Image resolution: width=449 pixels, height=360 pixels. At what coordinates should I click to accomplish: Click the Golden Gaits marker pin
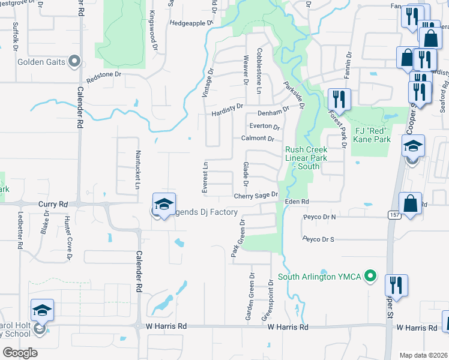(74, 61)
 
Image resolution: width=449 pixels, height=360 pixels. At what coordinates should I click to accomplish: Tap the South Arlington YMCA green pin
(371, 277)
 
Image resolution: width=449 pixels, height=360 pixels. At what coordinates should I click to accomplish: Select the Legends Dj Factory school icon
(163, 205)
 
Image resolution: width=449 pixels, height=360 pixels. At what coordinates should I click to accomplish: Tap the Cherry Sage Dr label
(256, 196)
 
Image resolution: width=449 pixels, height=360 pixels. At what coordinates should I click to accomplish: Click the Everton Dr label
(265, 127)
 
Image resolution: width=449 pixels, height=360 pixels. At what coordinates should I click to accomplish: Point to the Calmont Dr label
(258, 139)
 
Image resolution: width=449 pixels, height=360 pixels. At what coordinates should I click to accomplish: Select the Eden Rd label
(297, 202)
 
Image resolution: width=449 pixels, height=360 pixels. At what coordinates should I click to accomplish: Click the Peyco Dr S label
(319, 239)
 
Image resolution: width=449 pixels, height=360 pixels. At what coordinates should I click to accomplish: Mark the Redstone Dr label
(104, 76)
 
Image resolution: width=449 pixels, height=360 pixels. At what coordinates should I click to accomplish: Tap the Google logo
(20, 353)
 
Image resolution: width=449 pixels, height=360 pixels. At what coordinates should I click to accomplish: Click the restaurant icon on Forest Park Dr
(339, 100)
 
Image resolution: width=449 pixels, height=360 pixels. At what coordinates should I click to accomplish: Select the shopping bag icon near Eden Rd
(411, 203)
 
